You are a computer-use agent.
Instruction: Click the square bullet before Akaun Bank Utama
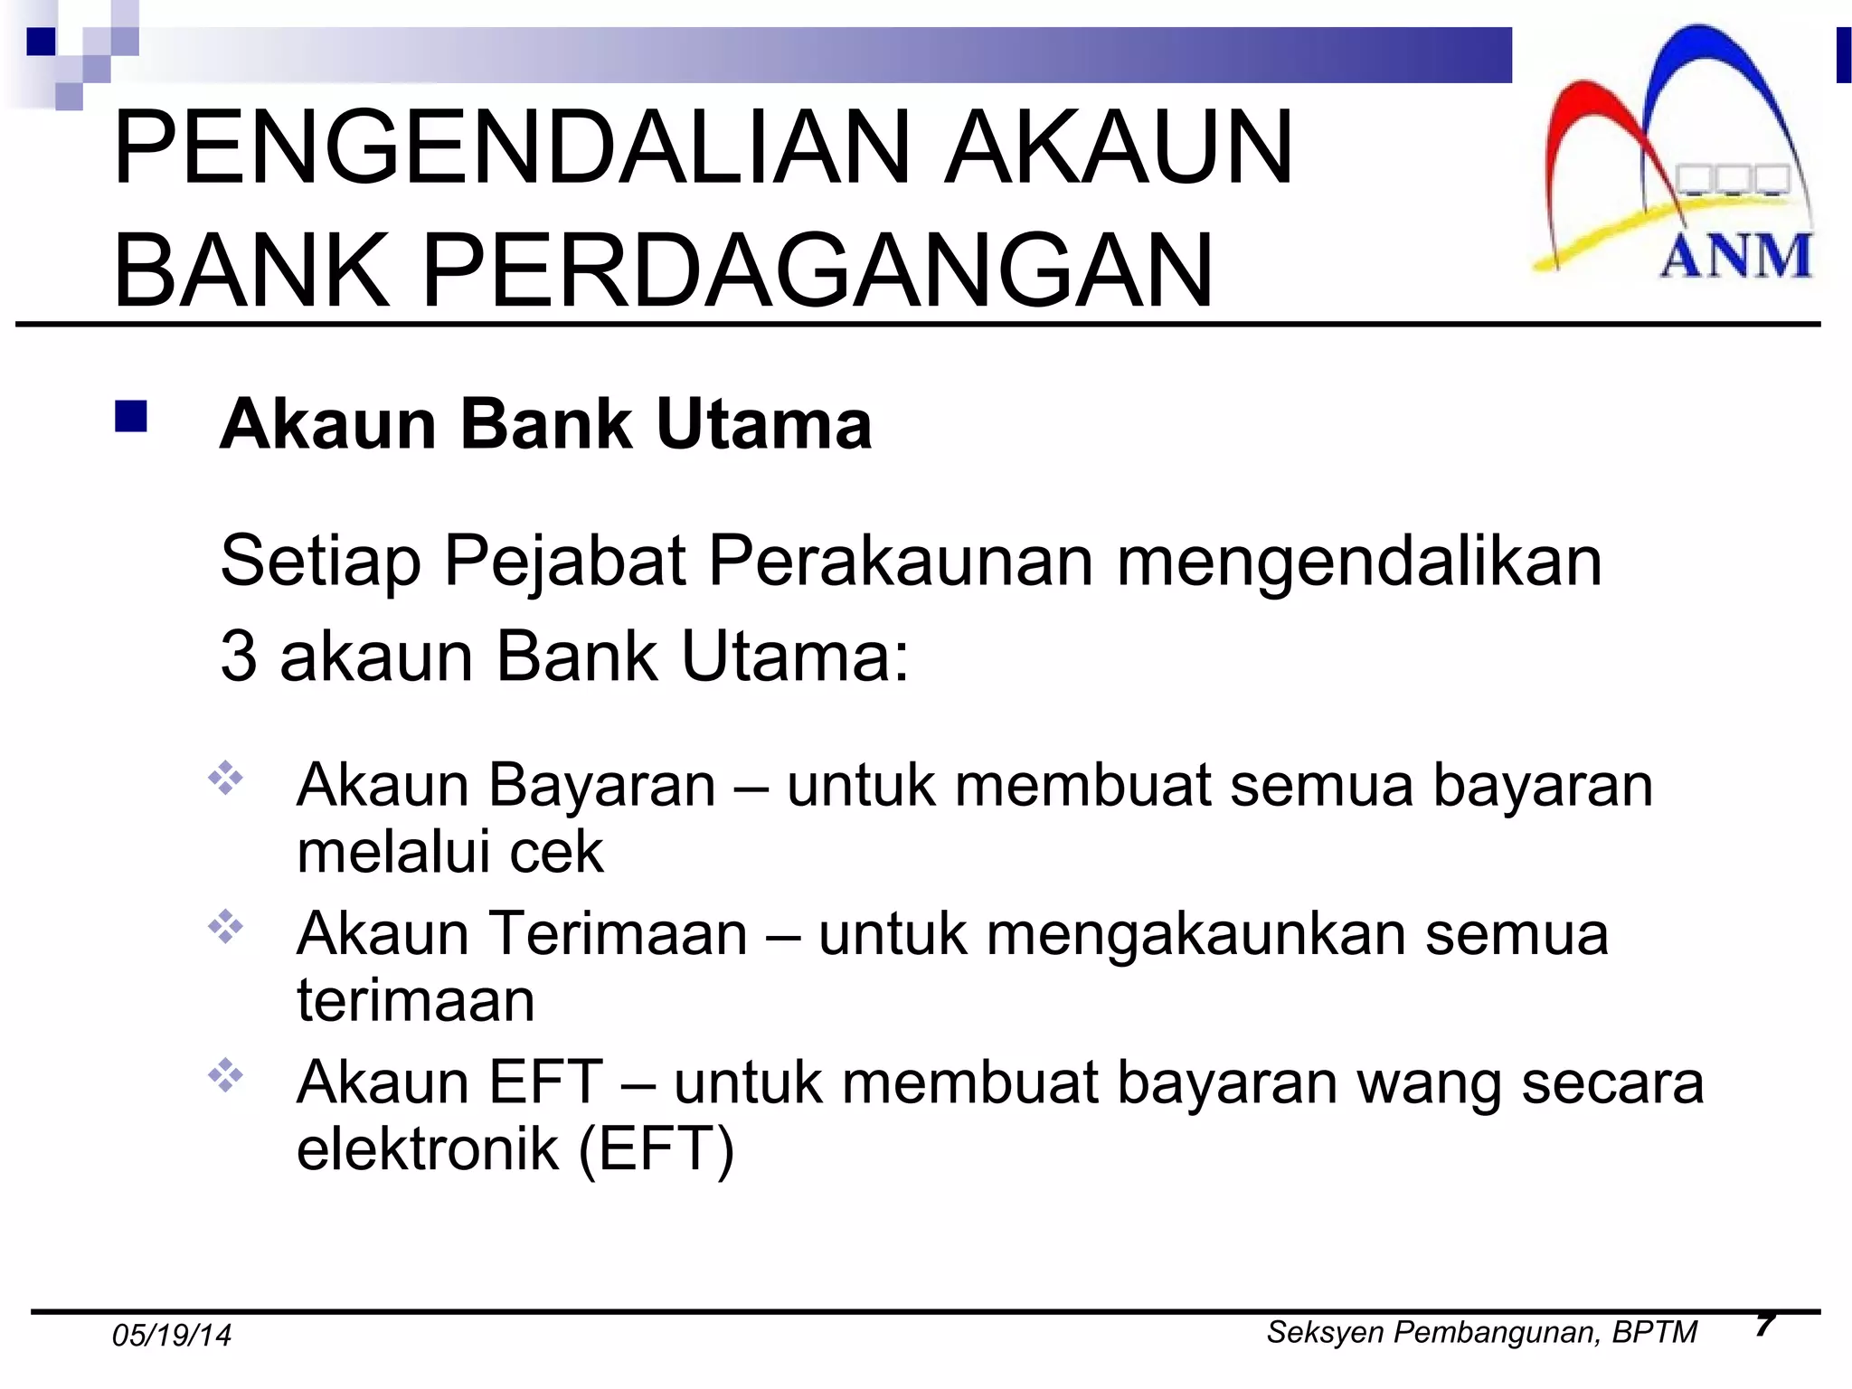click(x=132, y=417)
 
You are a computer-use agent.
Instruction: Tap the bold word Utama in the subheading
click(x=764, y=424)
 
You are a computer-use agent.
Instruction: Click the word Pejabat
click(x=565, y=562)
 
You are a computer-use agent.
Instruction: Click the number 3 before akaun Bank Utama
click(x=238, y=657)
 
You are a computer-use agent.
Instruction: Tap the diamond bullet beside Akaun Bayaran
click(x=226, y=779)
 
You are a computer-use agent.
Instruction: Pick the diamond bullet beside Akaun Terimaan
click(x=226, y=928)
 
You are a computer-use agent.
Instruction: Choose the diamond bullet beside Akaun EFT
click(x=226, y=1076)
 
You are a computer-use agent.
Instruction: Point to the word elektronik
click(x=428, y=1149)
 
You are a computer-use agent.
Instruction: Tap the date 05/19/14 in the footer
click(x=172, y=1336)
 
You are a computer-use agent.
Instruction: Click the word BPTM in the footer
click(x=1654, y=1333)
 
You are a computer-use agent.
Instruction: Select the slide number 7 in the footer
click(x=1764, y=1325)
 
